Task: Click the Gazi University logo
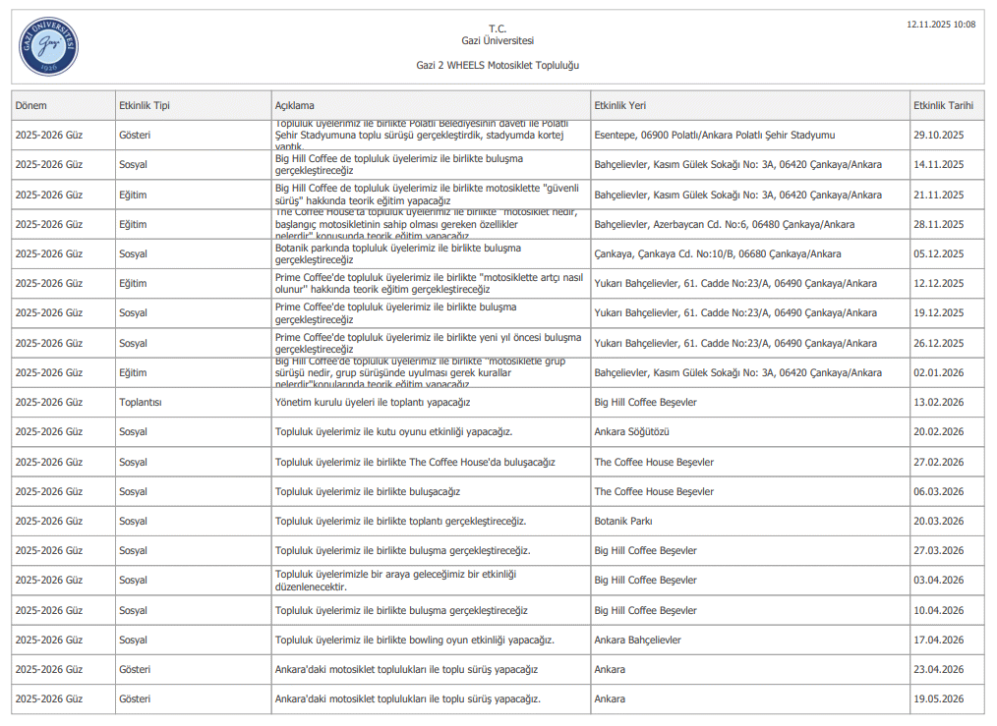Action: pyautogui.click(x=48, y=46)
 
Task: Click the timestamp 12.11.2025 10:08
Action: pyautogui.click(x=941, y=25)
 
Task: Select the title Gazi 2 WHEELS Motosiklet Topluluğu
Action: pyautogui.click(x=498, y=65)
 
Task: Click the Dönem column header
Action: pyautogui.click(x=31, y=105)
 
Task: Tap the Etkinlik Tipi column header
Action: pyautogui.click(x=145, y=105)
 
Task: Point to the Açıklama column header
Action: pyautogui.click(x=295, y=105)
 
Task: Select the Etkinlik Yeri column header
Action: pyautogui.click(x=620, y=105)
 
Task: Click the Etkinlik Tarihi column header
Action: pyautogui.click(x=943, y=105)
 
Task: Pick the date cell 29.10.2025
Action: pyautogui.click(x=938, y=135)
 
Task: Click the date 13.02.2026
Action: pyautogui.click(x=938, y=403)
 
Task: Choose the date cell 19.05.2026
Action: pyautogui.click(x=938, y=699)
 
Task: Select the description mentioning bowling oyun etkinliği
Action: pyautogui.click(x=415, y=641)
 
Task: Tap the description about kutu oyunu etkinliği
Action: pyautogui.click(x=393, y=432)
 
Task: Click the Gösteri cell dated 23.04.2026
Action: pyautogui.click(x=135, y=670)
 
